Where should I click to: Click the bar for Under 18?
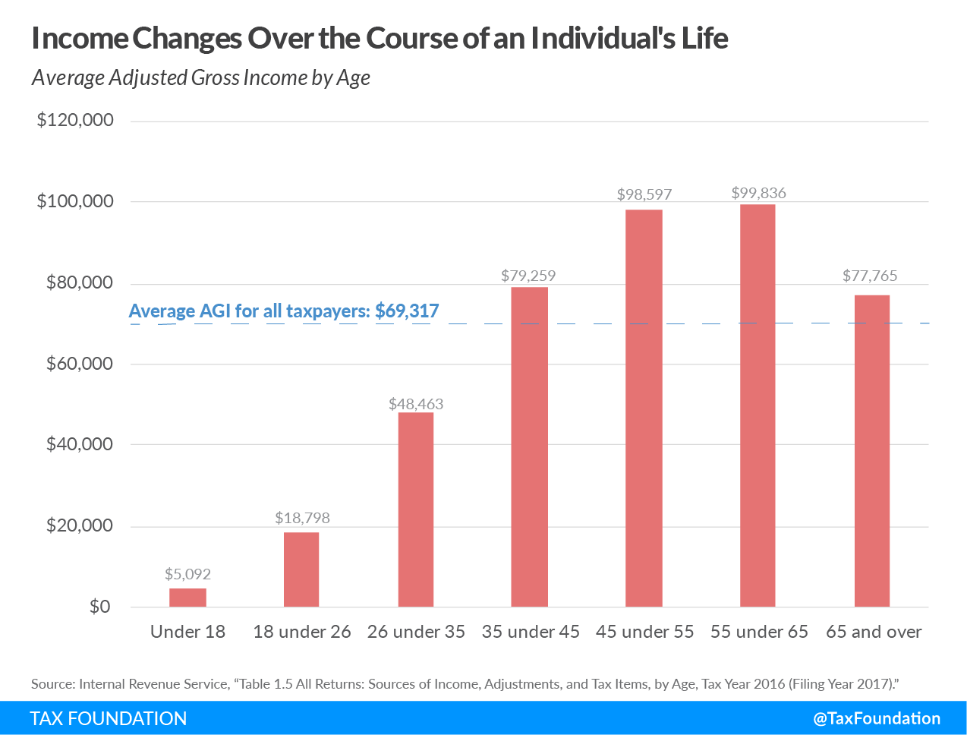click(x=187, y=598)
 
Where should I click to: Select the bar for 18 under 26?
click(x=301, y=569)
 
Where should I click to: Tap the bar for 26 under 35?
click(x=416, y=509)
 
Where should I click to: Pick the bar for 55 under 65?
click(x=758, y=405)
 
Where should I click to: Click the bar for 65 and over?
click(x=872, y=451)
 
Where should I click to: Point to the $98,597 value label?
click(x=644, y=194)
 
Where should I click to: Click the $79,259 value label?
click(x=528, y=276)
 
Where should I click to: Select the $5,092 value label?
click(x=187, y=574)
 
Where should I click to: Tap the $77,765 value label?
click(x=870, y=276)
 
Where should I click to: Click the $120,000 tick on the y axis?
click(x=75, y=120)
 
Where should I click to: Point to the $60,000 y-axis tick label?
click(x=80, y=364)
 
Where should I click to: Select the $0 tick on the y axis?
click(x=99, y=607)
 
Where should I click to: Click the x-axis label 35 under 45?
click(x=531, y=632)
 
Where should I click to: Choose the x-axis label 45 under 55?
click(x=644, y=632)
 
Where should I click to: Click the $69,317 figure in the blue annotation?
click(x=407, y=311)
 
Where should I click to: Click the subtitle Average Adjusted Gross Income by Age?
click(x=201, y=77)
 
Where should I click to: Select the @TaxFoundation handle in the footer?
click(x=877, y=718)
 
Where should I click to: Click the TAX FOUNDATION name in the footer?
click(x=109, y=718)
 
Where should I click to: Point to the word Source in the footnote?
click(x=52, y=683)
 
